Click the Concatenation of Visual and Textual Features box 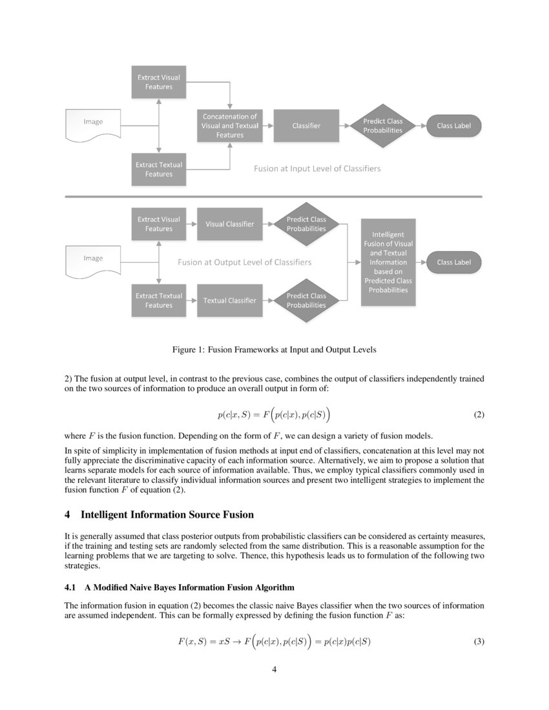pos(230,126)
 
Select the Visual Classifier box pos(230,224)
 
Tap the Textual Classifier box pos(230,300)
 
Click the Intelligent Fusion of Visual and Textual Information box pos(389,262)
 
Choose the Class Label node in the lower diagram pos(454,263)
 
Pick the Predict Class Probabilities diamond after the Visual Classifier pos(306,224)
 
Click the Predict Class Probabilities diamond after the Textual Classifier pos(306,300)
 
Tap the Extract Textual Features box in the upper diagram pos(158,170)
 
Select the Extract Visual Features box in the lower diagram pos(158,224)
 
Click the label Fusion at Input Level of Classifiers pos(316,169)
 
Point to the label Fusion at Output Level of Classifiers pos(244,263)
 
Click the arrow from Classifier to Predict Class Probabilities pos(346,126)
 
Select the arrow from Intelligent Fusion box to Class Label pos(421,263)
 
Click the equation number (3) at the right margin pos(479,642)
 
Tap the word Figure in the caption pos(186,350)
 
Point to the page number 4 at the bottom pos(274,669)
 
